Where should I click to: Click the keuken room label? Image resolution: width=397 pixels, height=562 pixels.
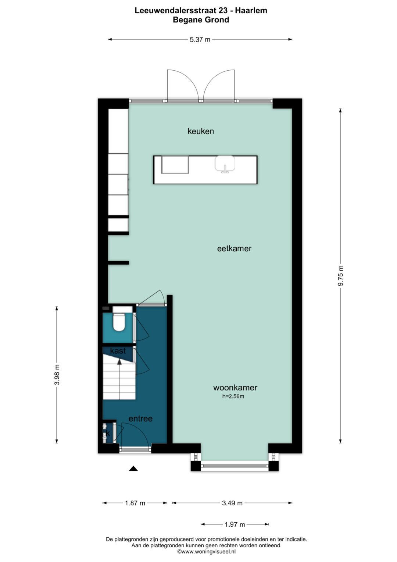point(200,131)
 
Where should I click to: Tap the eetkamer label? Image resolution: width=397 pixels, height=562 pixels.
point(234,248)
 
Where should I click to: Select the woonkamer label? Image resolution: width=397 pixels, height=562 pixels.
point(235,388)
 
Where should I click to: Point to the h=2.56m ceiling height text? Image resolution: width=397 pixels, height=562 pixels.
point(233,396)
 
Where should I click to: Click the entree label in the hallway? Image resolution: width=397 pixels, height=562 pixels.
point(140,418)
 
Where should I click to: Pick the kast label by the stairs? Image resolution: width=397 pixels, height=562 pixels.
point(118,351)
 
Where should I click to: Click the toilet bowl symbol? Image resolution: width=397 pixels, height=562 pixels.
point(119,322)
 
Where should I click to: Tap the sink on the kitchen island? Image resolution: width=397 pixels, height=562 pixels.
point(225,164)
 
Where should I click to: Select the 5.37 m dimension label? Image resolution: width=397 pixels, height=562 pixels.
point(200,39)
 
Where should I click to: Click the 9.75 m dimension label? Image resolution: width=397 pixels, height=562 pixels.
point(341,276)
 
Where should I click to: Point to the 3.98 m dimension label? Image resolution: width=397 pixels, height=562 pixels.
point(57,375)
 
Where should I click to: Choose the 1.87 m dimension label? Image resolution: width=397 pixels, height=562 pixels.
point(135,503)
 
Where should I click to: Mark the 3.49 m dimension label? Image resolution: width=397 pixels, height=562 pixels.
point(232,503)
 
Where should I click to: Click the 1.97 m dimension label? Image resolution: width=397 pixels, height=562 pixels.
point(235,524)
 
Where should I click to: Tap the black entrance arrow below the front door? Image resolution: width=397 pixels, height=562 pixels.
point(133,469)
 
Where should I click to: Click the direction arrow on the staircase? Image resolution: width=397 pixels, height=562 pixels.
point(119,362)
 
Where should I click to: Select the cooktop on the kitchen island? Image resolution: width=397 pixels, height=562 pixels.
point(175,165)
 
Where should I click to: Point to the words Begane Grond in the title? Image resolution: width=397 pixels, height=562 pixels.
point(201,20)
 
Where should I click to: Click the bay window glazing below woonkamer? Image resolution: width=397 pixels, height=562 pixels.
point(235,466)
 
